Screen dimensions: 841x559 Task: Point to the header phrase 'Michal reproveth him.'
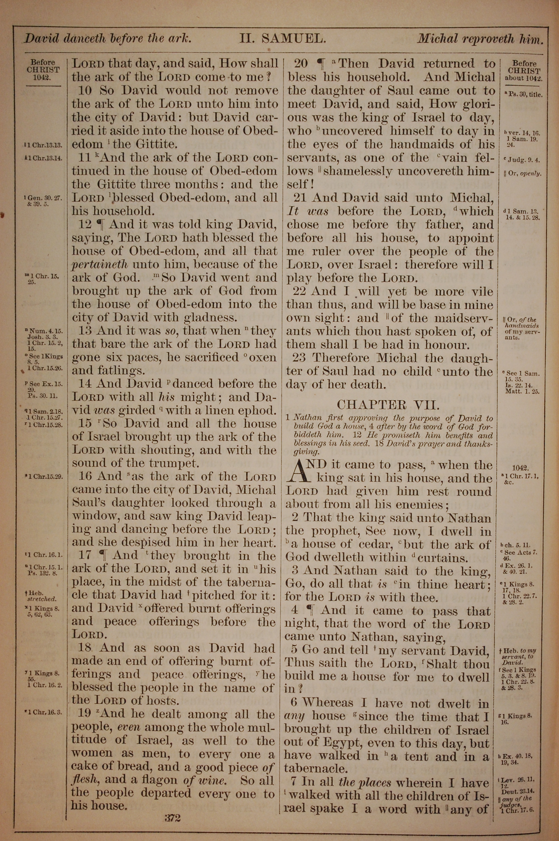480,39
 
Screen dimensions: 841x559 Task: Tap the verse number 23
299,358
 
